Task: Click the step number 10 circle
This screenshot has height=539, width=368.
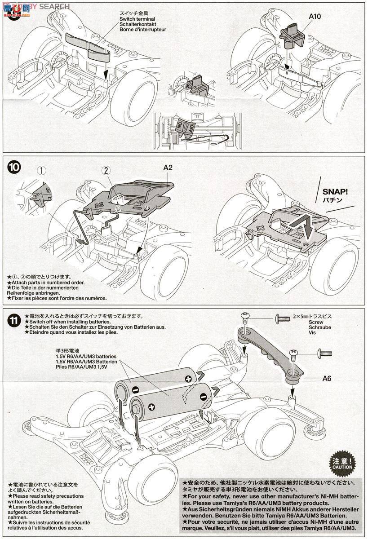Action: click(14, 167)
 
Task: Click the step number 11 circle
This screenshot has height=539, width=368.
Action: click(14, 321)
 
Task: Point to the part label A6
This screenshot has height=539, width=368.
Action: click(327, 378)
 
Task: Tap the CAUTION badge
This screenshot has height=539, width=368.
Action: click(343, 463)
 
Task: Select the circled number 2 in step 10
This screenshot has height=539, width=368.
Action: click(106, 171)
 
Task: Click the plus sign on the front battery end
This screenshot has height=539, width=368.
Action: click(151, 407)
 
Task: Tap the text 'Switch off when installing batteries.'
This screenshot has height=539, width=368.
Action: click(67, 322)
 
